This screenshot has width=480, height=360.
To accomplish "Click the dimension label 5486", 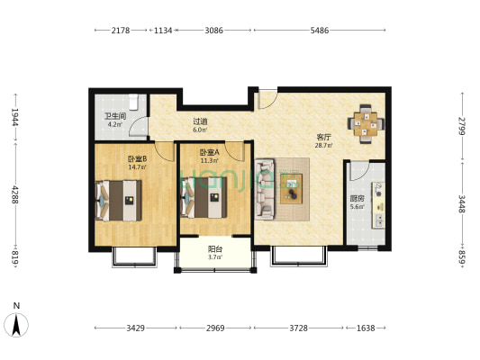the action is (320, 31).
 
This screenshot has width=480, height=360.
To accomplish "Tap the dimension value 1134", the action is (163, 31).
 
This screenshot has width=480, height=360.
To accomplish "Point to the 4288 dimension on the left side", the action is (15, 194).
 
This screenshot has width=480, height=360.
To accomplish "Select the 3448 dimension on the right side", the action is (462, 204).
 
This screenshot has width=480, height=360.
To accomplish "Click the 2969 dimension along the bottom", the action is (215, 328).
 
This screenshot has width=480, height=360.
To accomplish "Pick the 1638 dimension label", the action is (366, 328).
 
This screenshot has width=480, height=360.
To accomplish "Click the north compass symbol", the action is (16, 325).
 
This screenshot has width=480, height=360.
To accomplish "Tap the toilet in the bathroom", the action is (133, 102).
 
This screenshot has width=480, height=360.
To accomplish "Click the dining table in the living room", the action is (366, 124).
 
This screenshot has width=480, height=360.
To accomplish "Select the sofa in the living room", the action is (265, 189).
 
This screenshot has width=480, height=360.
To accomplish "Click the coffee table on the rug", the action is (292, 189).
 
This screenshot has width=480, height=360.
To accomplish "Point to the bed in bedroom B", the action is (119, 201).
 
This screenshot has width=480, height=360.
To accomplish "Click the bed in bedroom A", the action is (204, 198).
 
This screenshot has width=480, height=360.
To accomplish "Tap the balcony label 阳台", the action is (215, 249).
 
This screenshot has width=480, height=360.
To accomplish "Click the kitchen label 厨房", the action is (357, 199).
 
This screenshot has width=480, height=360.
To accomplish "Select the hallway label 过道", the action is (200, 121).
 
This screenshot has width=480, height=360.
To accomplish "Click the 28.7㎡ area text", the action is (323, 146).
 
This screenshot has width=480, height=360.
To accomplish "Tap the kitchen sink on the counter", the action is (379, 220).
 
